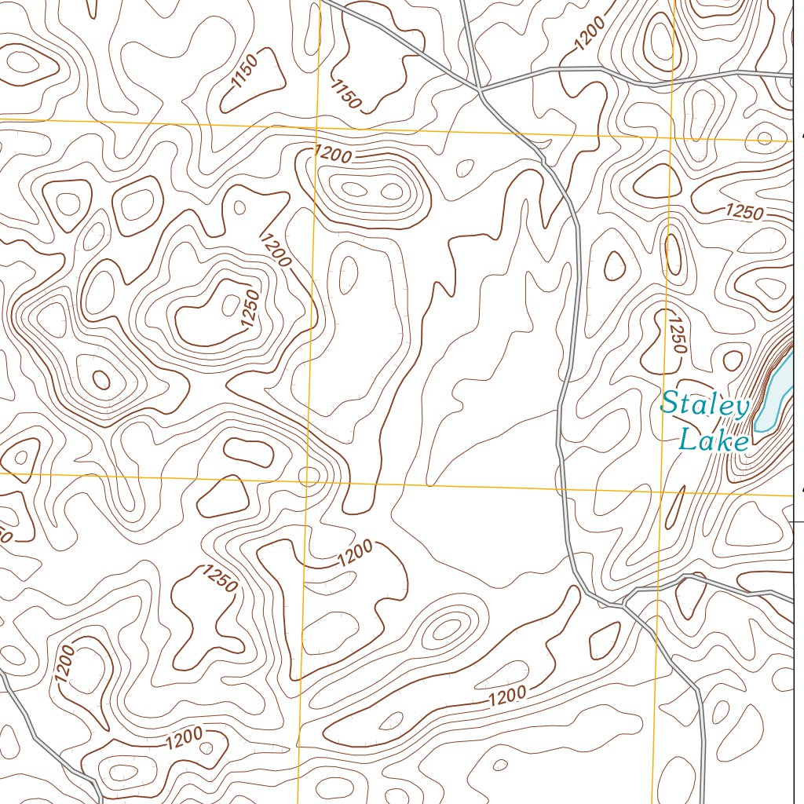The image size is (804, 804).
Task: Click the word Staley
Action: point(705,405)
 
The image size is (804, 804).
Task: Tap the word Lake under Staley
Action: point(713,440)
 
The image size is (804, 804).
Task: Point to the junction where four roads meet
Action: point(479,90)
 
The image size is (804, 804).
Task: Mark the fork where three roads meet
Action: point(624,604)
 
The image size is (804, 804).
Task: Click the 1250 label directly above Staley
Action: point(677,333)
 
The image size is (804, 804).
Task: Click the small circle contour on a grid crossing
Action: point(310,476)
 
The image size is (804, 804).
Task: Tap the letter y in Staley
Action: point(740,408)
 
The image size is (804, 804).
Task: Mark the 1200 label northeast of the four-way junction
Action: point(589,33)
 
